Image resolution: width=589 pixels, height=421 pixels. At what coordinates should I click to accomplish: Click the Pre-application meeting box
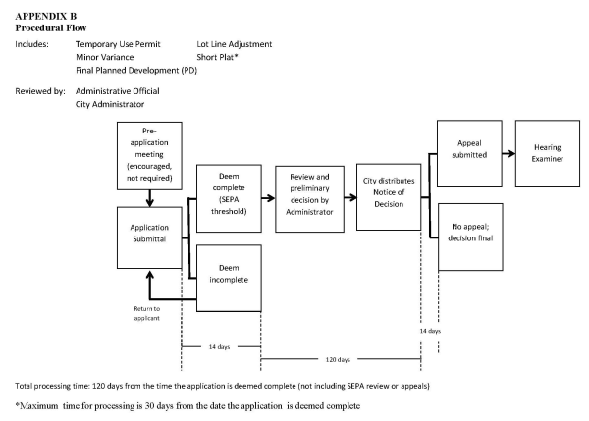(x=148, y=155)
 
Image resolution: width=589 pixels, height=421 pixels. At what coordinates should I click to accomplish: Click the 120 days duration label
(x=340, y=359)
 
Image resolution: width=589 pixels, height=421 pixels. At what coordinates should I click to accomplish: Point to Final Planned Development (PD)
(x=135, y=70)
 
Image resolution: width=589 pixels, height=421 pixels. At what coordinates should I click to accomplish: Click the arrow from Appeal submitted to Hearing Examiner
(x=507, y=153)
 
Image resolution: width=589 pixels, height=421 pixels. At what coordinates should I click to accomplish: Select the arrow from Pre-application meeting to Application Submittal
(x=148, y=198)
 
